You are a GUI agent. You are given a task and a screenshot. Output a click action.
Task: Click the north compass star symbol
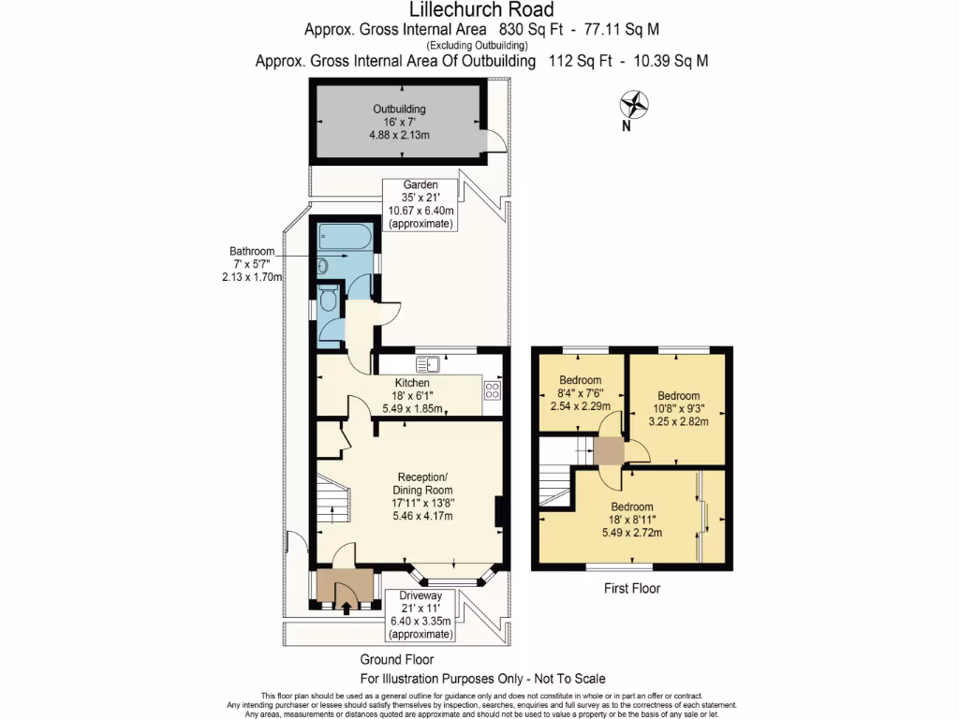coord(634,105)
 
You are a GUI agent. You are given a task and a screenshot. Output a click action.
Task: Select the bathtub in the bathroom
coord(345,237)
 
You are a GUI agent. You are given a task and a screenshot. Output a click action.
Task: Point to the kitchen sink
coord(427,364)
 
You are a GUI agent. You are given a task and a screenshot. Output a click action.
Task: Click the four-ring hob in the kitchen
coord(493,390)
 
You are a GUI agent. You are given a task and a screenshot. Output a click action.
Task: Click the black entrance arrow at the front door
coord(347,609)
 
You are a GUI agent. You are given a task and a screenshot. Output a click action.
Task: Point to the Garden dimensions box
coord(420,204)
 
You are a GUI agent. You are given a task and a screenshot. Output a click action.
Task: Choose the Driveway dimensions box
coord(420,615)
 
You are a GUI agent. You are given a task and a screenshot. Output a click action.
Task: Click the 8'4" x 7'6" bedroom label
coord(580,392)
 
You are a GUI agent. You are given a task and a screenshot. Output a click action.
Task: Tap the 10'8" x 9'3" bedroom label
coord(678,408)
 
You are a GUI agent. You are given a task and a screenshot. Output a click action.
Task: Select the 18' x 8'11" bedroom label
coord(632,520)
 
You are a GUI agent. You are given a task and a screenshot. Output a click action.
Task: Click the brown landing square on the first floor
coord(609,452)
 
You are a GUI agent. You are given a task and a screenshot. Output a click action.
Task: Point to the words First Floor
coord(632,588)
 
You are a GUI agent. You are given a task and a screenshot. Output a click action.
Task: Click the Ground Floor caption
coord(396,659)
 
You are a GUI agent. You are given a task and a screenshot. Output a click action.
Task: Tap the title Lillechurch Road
coord(481,9)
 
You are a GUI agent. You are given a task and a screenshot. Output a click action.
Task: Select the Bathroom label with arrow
coord(252,264)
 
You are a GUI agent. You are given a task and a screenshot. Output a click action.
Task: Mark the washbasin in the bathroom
coord(323,266)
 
